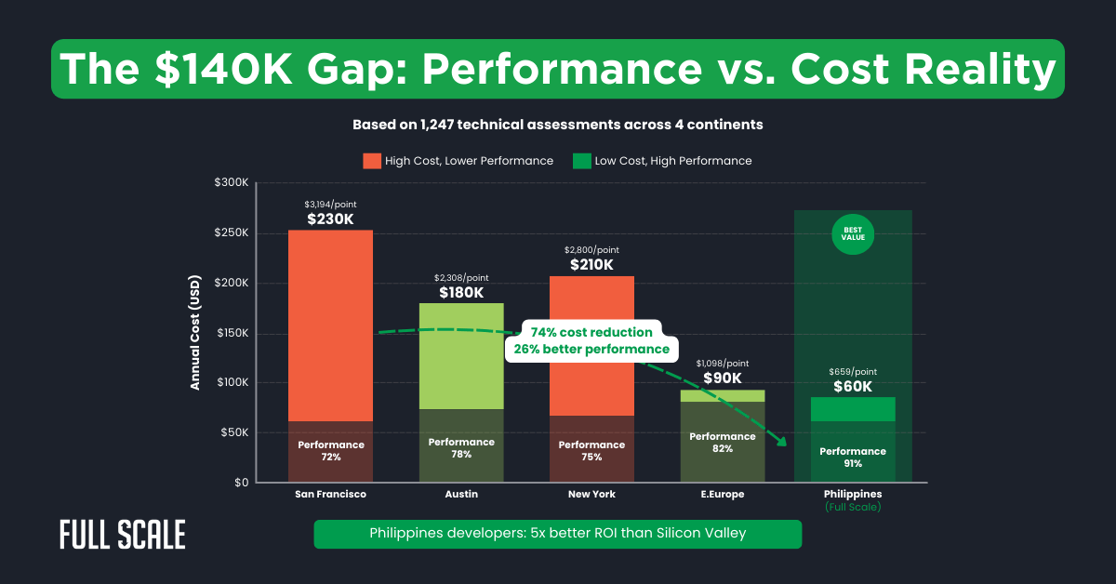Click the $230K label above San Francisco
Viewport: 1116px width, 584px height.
[330, 219]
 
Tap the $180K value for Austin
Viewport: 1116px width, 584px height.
[461, 292]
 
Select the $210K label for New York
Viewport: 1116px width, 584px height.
[591, 265]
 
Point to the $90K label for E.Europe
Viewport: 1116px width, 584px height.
[722, 378]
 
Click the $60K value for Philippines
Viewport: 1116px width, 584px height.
[852, 387]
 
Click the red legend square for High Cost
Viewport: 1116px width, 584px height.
[372, 161]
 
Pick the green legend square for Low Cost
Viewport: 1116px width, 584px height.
[581, 161]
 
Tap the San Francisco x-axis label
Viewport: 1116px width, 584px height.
[330, 494]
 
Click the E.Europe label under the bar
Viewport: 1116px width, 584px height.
[722, 494]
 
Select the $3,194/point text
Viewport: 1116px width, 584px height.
[330, 204]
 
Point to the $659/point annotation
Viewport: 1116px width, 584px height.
[852, 371]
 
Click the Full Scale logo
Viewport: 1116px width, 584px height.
[122, 535]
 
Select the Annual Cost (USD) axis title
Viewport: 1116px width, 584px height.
[196, 333]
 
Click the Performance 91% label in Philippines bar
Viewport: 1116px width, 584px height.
[853, 458]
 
